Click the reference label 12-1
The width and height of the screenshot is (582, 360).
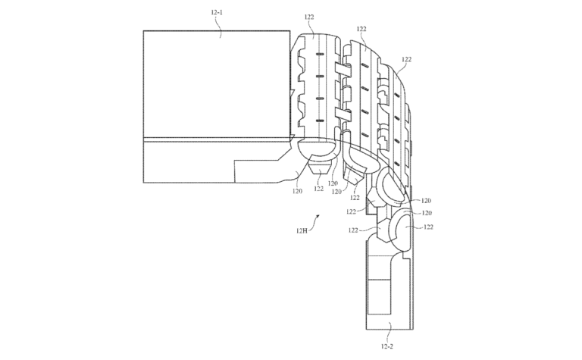tap(217, 12)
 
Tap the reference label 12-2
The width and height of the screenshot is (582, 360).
tap(386, 346)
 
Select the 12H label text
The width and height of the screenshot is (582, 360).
tap(302, 230)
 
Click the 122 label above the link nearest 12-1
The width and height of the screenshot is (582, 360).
tap(309, 17)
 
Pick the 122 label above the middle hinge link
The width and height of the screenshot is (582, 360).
tap(361, 29)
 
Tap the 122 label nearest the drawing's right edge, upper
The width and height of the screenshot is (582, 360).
tap(407, 59)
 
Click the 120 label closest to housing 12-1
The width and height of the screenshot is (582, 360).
tap(297, 191)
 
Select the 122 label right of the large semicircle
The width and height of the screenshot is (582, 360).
tap(428, 227)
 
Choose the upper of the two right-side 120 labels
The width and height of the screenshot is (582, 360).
tap(426, 201)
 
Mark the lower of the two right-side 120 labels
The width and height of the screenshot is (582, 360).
tap(427, 213)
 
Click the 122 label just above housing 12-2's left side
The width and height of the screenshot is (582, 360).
tap(353, 230)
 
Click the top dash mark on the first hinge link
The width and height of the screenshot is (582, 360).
tap(320, 54)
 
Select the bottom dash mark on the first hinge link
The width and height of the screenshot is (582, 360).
tap(320, 121)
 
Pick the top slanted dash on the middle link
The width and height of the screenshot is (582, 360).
tap(365, 67)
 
